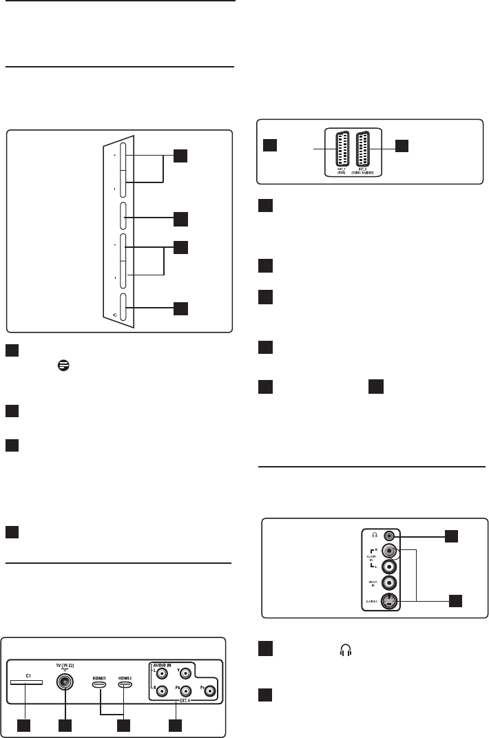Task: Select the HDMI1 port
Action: click(100, 685)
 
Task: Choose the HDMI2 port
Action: click(125, 685)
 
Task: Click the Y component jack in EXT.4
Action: click(185, 673)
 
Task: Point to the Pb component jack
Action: click(185, 691)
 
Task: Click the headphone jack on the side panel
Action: click(391, 534)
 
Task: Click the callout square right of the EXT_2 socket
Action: click(402, 145)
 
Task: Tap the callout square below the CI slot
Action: click(25, 725)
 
